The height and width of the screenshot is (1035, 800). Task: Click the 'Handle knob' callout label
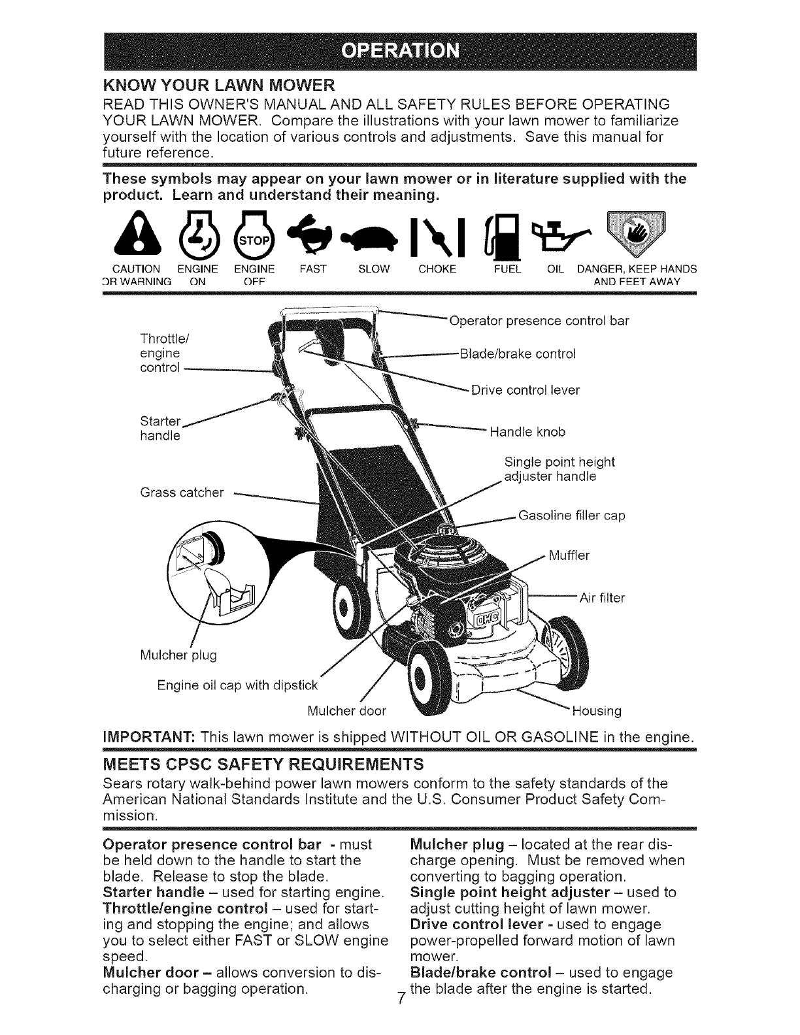(527, 432)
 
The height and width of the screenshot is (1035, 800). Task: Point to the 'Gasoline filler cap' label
(571, 516)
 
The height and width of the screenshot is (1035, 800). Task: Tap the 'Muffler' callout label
(569, 556)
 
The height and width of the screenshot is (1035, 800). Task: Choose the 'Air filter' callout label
(602, 597)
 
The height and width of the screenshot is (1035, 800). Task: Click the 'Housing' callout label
(597, 710)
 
